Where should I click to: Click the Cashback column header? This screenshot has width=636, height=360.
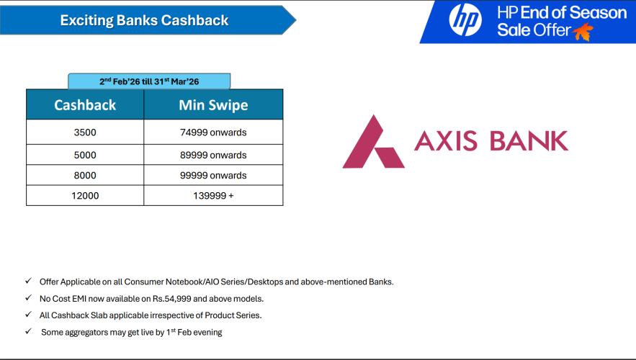tap(85, 104)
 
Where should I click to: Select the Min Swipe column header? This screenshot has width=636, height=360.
tap(213, 104)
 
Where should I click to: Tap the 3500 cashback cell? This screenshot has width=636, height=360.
tap(85, 132)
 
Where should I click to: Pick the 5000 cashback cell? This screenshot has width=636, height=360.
tap(85, 155)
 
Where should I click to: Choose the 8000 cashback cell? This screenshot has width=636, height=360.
tap(85, 175)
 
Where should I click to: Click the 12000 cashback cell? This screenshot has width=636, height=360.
tap(85, 196)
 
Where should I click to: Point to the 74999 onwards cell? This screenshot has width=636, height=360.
tap(213, 132)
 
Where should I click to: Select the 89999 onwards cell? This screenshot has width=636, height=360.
tap(213, 155)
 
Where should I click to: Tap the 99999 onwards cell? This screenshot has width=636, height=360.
tap(213, 175)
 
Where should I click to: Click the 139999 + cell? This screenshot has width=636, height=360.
tap(213, 196)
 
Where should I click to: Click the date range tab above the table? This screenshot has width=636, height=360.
tap(149, 81)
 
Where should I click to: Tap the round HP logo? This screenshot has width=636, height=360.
tap(465, 20)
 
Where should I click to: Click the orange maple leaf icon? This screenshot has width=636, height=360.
tap(583, 32)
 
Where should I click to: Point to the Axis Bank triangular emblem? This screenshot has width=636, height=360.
tap(373, 142)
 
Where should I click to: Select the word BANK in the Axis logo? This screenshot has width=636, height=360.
tap(529, 140)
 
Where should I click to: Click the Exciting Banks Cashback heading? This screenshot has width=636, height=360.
tap(144, 20)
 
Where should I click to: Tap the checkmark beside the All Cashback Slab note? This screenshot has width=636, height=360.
tap(28, 314)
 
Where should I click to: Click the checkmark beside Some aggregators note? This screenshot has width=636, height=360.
tap(28, 331)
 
